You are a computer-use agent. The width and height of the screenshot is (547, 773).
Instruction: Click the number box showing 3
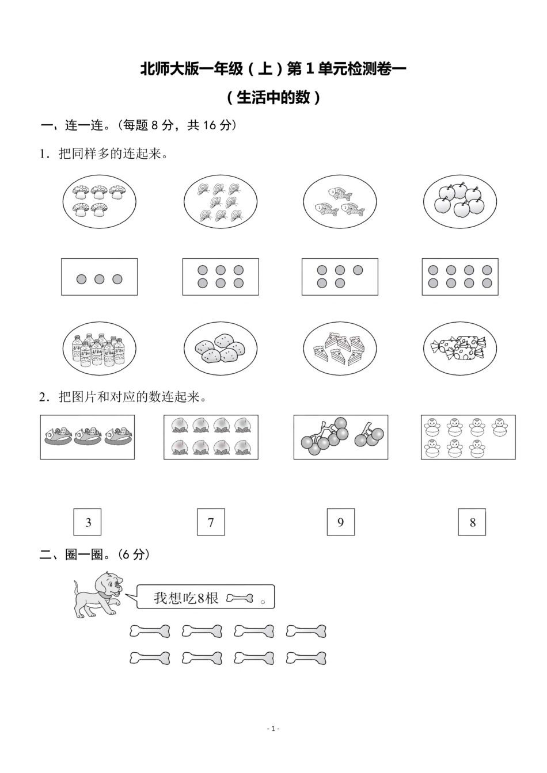(88, 522)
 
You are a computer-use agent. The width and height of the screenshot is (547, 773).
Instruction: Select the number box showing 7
(211, 522)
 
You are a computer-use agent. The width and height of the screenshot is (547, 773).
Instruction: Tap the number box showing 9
(340, 522)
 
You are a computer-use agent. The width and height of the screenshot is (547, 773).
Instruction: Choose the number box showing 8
(472, 522)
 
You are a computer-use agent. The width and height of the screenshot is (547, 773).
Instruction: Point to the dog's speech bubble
(206, 598)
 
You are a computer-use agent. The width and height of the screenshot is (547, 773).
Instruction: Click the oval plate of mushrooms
(100, 201)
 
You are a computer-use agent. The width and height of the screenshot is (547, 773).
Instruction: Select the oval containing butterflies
(220, 201)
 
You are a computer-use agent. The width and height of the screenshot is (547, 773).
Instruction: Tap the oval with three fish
(340, 202)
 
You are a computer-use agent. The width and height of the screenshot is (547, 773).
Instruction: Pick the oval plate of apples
(460, 201)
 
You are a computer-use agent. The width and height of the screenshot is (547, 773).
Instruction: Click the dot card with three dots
(100, 277)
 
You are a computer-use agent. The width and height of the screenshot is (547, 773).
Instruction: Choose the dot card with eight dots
(460, 277)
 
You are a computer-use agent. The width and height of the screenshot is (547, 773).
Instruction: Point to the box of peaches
(211, 437)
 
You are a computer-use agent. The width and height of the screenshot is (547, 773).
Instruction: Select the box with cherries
(341, 437)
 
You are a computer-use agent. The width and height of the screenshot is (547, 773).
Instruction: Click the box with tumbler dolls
(468, 437)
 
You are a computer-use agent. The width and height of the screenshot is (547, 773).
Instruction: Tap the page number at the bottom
(273, 729)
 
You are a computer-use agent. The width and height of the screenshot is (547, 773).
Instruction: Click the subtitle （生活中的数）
(273, 97)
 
